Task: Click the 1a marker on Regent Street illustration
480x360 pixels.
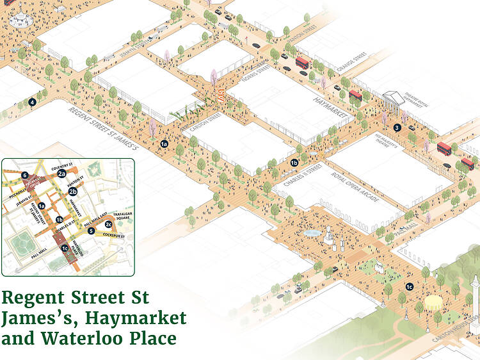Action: point(164,143)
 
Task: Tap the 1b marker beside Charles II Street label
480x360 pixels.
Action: point(294,162)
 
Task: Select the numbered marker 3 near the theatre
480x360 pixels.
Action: point(397,127)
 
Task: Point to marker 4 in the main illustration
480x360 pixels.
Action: point(32,101)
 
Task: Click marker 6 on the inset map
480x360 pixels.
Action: point(24,175)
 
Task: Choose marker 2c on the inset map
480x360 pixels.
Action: point(109,224)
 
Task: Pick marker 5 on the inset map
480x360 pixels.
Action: point(92,231)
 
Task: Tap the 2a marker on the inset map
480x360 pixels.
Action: point(62,174)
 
